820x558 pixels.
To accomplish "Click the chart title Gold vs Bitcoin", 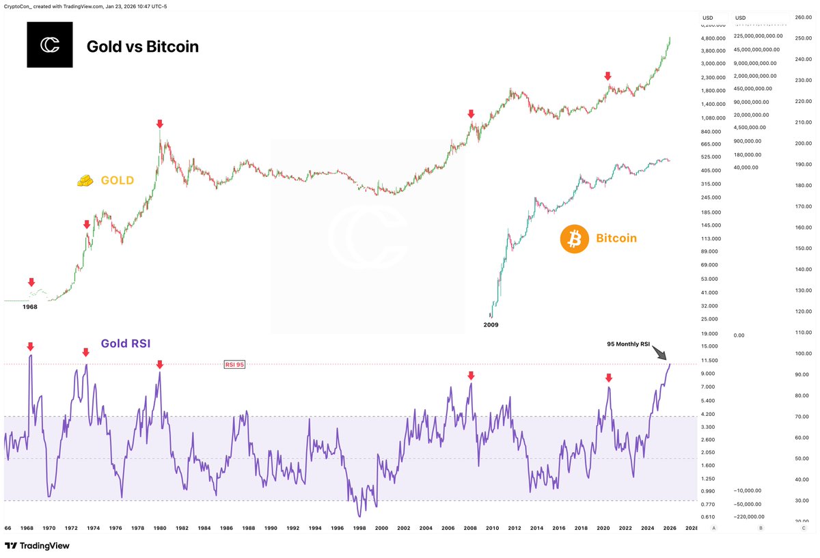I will pyautogui.click(x=142, y=46).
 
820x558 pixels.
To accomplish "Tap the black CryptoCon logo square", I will pyautogui.click(x=49, y=45).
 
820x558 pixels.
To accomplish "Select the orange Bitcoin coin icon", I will pyautogui.click(x=574, y=239).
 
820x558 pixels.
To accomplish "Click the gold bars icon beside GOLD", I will pyautogui.click(x=85, y=180).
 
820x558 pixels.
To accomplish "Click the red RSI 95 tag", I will pyautogui.click(x=234, y=365).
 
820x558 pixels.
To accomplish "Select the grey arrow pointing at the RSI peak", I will pyautogui.click(x=659, y=352).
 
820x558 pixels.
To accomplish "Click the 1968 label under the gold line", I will pyautogui.click(x=29, y=307).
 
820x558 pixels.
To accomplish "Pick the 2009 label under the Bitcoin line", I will pyautogui.click(x=491, y=325).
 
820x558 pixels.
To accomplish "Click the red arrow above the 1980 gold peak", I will pyautogui.click(x=159, y=124).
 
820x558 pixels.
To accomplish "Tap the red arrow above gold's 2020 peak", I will pyautogui.click(x=608, y=76).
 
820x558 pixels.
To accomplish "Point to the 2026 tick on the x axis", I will pyautogui.click(x=670, y=529).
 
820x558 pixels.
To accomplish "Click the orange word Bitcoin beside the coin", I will pyautogui.click(x=616, y=238).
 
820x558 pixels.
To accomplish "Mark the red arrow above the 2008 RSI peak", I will pyautogui.click(x=470, y=375).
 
